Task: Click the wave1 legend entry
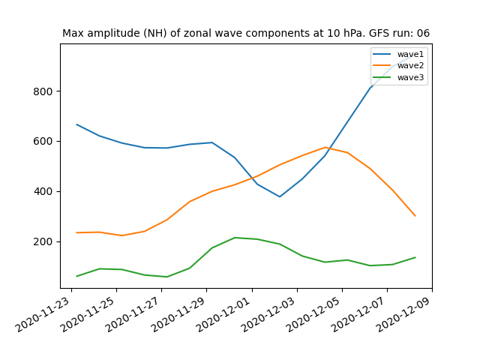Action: (x=398, y=54)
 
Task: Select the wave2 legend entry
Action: (x=398, y=65)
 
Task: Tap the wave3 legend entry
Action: (x=398, y=77)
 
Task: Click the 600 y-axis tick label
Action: (x=43, y=142)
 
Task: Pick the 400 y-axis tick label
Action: (x=43, y=192)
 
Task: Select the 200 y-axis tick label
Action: (x=43, y=241)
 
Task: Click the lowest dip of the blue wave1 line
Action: (x=280, y=196)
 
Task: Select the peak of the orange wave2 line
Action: (x=325, y=147)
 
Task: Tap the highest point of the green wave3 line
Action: (x=235, y=238)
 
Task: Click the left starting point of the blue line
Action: (x=76, y=124)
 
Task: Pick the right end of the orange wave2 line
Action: (x=415, y=216)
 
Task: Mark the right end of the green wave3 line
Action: (x=415, y=257)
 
